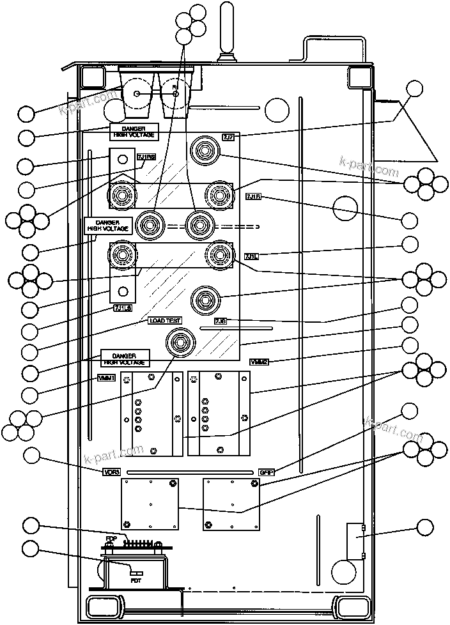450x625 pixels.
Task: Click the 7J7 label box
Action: click(x=229, y=137)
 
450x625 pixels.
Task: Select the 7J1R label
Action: click(x=252, y=197)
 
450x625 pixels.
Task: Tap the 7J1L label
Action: click(x=251, y=256)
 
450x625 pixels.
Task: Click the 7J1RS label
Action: click(x=146, y=158)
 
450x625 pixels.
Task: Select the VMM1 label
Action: click(x=106, y=377)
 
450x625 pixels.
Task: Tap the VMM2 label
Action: click(x=259, y=362)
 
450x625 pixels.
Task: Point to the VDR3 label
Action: click(x=111, y=472)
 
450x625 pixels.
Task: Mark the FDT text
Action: click(x=136, y=580)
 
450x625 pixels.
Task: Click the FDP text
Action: click(x=111, y=539)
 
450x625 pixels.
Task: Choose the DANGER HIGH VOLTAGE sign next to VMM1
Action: click(x=125, y=358)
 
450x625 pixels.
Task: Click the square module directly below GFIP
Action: click(x=230, y=503)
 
